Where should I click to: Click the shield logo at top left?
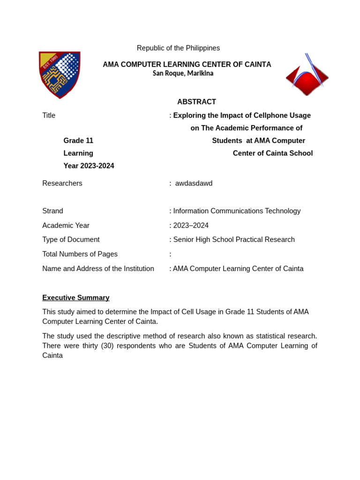pos(60,75)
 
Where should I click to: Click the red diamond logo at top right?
pos(307,77)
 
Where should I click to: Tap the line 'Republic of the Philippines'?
pos(178,48)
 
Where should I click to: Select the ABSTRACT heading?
pos(196,102)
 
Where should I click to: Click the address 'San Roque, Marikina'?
pos(183,74)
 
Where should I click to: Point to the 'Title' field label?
pos(49,115)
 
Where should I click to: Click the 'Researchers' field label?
pos(62,183)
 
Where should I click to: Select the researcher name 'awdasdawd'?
pos(194,183)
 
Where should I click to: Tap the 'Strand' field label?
pos(52,211)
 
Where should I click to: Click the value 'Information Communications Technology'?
pos(237,211)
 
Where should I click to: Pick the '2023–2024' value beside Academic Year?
pos(191,225)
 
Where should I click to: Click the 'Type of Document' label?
pos(71,240)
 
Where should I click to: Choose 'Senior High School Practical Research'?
pos(234,240)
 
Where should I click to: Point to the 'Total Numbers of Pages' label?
pos(80,254)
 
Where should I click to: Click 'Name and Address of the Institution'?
pos(98,269)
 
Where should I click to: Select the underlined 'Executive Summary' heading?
pos(76,298)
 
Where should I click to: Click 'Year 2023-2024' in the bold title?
pos(89,166)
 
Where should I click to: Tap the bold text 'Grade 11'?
pos(78,141)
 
